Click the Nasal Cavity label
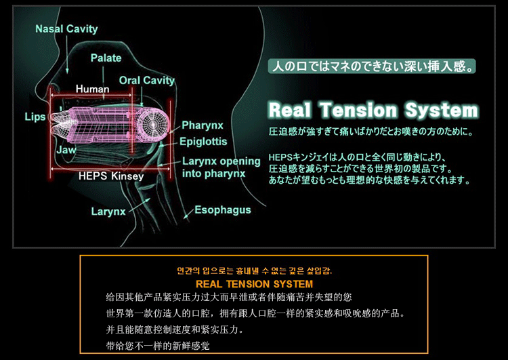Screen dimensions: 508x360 (66, 29)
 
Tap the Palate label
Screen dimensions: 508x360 (106, 58)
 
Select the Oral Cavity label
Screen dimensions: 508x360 (147, 81)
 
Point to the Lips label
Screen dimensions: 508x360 (35, 117)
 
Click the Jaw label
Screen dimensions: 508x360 (66, 150)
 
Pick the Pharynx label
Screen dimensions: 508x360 (203, 125)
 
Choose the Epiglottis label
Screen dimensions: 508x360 (203, 142)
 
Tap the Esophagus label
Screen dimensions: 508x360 (223, 210)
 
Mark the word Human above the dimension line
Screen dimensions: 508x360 (92, 89)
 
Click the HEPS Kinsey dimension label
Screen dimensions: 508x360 (111, 176)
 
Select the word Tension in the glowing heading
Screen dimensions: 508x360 (358, 110)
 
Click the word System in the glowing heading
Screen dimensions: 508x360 (442, 111)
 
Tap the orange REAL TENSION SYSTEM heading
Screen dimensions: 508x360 (254, 284)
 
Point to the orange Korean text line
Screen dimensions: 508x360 (254, 271)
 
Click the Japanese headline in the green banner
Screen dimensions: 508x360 (372, 66)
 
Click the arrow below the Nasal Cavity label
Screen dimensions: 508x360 (67, 54)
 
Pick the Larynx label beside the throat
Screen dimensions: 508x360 (108, 212)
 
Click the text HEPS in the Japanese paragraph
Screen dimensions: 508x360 (280, 157)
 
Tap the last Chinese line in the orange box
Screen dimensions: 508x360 (158, 346)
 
